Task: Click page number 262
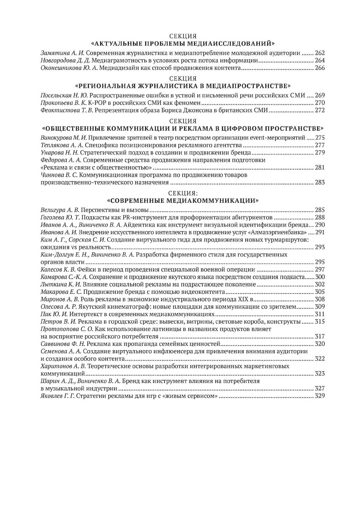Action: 319,53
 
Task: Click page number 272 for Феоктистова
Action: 319,110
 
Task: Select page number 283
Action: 319,182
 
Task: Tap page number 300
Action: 319,277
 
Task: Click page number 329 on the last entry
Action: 319,396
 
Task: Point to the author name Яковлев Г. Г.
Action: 58,396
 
